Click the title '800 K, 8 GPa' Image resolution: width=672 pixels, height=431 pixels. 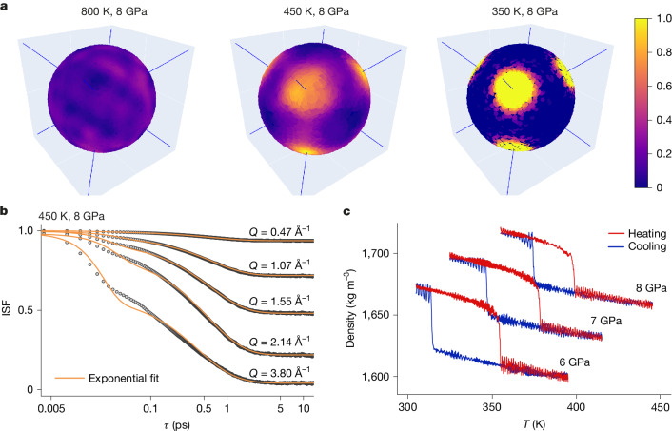point(114,11)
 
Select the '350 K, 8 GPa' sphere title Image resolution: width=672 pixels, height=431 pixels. point(524,11)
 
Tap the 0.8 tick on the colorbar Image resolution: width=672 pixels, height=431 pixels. point(663,52)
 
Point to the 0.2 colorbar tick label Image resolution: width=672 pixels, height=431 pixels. point(663,153)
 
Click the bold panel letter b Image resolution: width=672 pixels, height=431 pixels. point(5,211)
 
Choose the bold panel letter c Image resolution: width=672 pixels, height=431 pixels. point(347,211)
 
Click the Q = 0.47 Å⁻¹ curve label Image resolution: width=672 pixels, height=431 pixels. point(280,232)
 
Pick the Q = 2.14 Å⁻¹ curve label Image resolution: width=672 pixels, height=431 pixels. point(280,342)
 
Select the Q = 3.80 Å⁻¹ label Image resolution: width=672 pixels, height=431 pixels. point(280,372)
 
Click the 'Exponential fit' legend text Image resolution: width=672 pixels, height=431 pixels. point(124,379)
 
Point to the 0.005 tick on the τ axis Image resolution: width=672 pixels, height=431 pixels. point(51,409)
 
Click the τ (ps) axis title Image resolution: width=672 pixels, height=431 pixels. point(177,425)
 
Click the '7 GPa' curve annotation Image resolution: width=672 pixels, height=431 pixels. point(606,321)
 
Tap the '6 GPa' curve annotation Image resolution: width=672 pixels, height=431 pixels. point(574,362)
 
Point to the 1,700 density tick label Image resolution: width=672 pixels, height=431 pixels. point(376,253)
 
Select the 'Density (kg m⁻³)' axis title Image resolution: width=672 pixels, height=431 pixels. point(351,308)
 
